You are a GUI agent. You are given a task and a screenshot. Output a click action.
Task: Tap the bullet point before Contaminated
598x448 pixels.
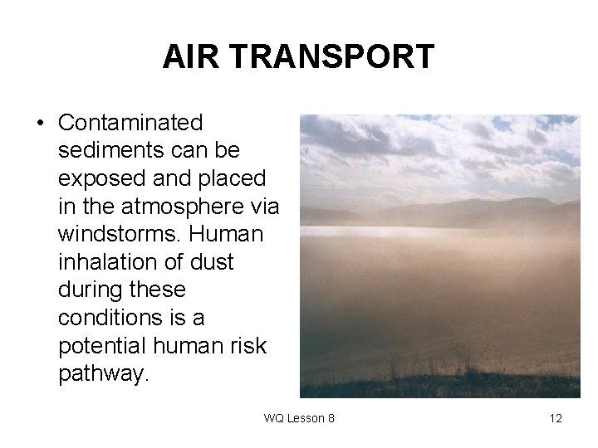(39, 124)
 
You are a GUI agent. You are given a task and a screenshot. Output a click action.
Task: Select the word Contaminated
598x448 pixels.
(130, 123)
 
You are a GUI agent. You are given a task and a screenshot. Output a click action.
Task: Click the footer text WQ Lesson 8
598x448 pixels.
(299, 418)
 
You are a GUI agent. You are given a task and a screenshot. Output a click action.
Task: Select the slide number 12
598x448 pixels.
(555, 418)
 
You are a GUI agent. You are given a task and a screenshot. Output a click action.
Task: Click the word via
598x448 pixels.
(262, 207)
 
